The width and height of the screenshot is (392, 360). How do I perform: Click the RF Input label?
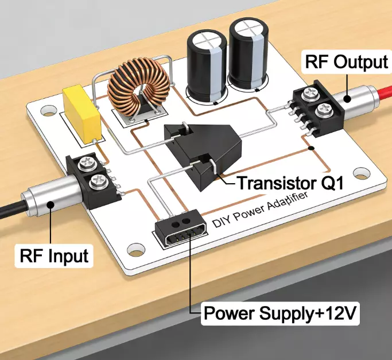(x=55, y=256)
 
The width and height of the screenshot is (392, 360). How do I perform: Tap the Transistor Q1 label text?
(x=290, y=184)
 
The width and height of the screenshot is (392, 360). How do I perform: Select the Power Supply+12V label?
(x=281, y=314)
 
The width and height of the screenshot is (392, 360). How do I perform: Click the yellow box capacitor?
(x=81, y=113)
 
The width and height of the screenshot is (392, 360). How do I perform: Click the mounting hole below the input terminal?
(x=135, y=249)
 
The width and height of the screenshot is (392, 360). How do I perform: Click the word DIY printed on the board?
(x=220, y=220)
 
